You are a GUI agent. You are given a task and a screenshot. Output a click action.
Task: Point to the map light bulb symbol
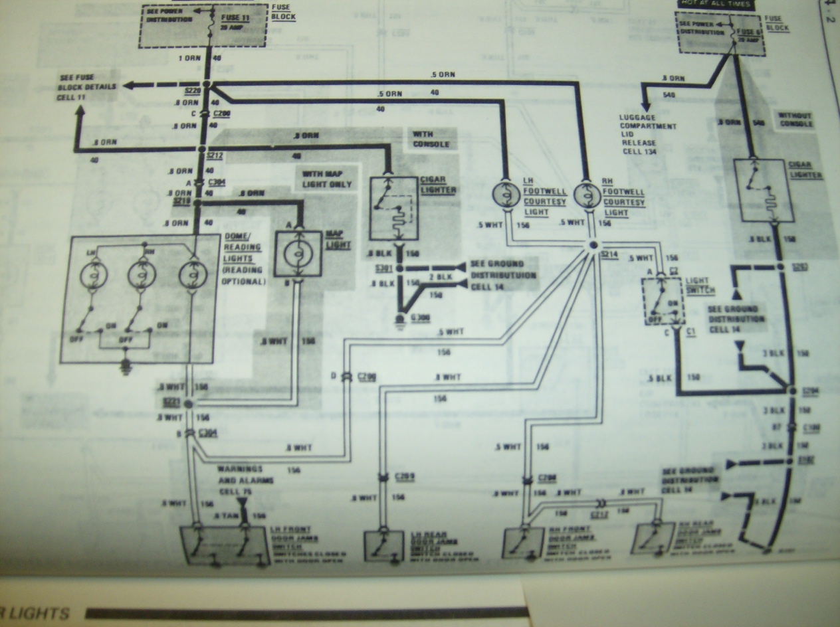click(x=298, y=254)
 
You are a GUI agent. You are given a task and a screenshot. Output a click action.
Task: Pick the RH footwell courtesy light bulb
click(x=587, y=194)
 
